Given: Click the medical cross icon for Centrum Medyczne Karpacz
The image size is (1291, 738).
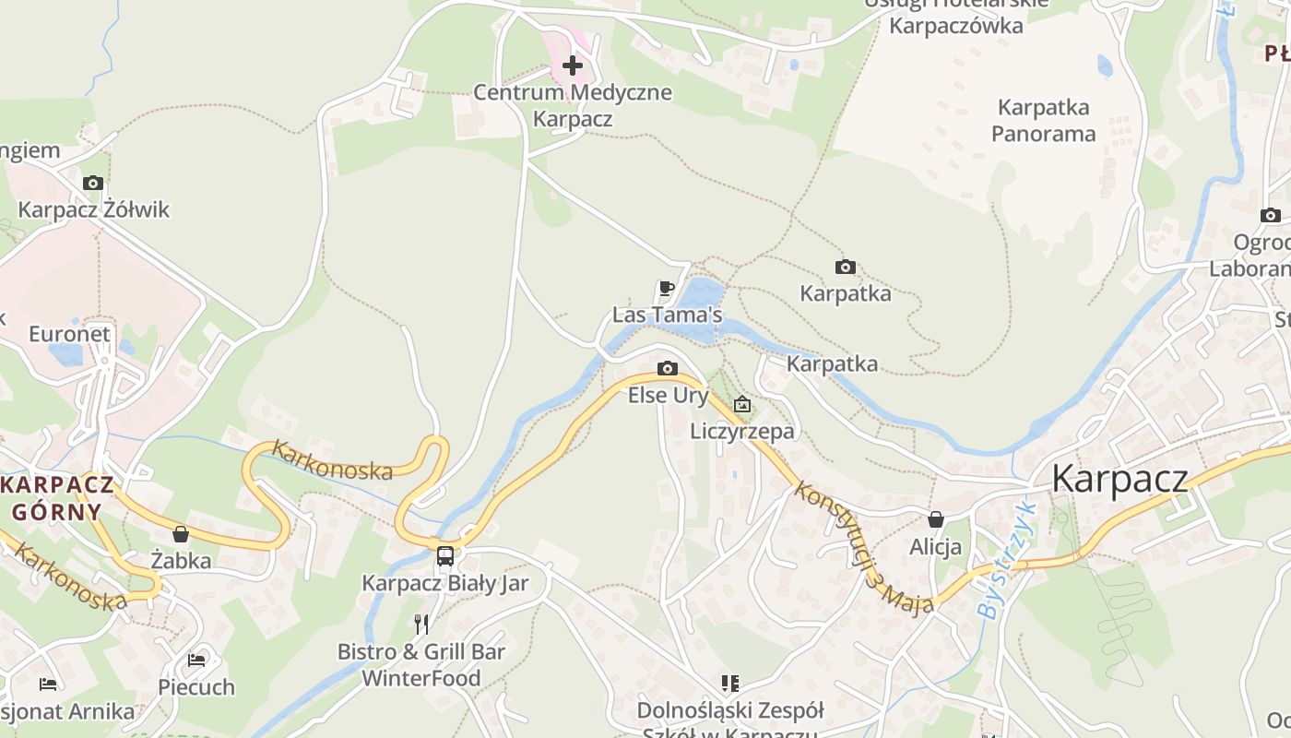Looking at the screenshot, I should (573, 65).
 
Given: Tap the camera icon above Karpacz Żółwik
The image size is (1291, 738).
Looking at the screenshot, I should (92, 183).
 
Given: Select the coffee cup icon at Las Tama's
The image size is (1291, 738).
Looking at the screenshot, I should (667, 289).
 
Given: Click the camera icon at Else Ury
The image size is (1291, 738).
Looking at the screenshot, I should (667, 369).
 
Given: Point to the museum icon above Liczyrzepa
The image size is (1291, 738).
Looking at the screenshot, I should (741, 404).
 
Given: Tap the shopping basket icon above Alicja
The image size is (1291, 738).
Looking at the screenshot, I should (935, 519).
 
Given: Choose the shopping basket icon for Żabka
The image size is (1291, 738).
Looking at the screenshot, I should (181, 534).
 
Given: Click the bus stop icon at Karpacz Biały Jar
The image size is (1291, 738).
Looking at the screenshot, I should (445, 555).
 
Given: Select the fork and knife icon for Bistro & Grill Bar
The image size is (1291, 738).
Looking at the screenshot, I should (421, 625).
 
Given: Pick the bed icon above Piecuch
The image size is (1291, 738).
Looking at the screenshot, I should (196, 660).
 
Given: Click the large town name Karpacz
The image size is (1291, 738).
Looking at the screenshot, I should (1119, 479).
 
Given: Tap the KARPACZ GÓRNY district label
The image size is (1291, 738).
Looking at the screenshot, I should (57, 498).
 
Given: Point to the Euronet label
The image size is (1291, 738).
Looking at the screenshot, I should (69, 334).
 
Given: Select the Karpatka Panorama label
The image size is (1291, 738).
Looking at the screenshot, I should (1043, 121).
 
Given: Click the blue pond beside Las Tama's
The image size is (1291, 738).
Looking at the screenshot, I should (700, 295).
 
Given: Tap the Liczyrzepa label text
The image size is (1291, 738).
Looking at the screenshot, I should (741, 431).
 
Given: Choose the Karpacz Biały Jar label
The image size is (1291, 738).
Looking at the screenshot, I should (445, 583).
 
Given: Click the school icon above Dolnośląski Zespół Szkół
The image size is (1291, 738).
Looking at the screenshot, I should (729, 684).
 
